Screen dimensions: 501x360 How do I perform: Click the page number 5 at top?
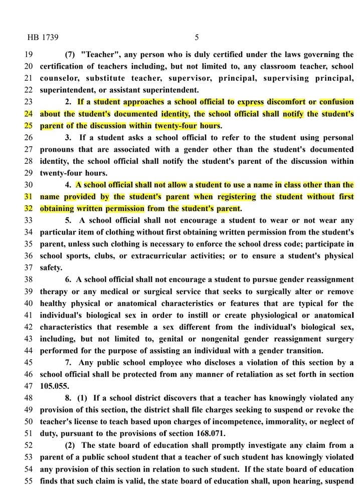197,37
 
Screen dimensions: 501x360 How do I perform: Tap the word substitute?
107,78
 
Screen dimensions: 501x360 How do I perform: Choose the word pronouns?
59,149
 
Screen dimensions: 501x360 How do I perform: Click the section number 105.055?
54,386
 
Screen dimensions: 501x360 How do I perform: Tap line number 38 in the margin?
28,279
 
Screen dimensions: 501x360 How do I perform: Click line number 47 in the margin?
28,386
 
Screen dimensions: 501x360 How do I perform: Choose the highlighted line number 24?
28,114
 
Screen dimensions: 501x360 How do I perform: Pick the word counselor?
59,78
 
